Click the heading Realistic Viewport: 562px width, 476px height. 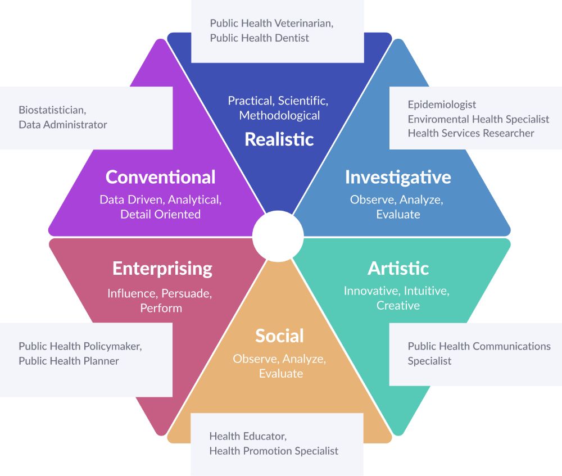[x=279, y=139]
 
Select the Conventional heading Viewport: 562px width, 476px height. [x=160, y=177]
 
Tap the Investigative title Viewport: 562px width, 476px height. [x=398, y=177]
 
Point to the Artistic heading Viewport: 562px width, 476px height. [x=398, y=268]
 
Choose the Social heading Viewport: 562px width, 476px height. [x=279, y=336]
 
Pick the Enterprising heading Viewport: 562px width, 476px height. [x=162, y=268]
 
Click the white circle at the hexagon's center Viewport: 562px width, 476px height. [x=278, y=236]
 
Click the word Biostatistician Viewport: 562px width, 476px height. [x=52, y=110]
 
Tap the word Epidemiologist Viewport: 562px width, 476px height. [x=442, y=105]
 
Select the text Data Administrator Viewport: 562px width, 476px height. [x=62, y=124]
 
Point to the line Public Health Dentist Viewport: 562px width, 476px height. [x=259, y=38]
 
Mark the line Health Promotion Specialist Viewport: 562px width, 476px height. [x=274, y=450]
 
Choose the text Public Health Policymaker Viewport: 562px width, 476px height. [x=80, y=346]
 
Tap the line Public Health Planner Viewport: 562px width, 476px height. [x=69, y=361]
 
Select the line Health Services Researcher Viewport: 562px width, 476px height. [x=470, y=133]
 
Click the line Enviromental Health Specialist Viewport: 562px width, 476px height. [x=478, y=119]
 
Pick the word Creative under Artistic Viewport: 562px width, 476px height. [x=398, y=306]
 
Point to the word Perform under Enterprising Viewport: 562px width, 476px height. [x=161, y=308]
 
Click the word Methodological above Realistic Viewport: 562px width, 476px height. [x=279, y=116]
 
